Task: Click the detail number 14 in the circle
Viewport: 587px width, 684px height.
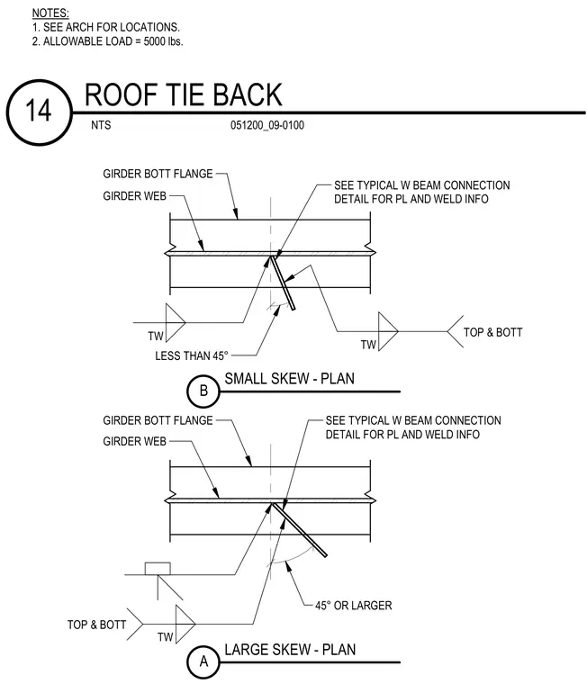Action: (39, 111)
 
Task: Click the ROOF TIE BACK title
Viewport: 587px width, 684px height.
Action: (184, 94)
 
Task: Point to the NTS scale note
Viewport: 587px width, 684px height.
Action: (101, 125)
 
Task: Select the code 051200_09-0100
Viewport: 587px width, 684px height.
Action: (267, 125)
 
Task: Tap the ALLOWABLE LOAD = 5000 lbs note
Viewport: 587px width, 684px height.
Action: (107, 41)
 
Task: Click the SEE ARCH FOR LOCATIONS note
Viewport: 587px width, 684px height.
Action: (106, 27)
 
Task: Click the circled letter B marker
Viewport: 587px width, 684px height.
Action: (203, 391)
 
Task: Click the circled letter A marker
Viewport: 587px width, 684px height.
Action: (203, 661)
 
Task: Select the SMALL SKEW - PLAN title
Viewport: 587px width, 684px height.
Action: (289, 378)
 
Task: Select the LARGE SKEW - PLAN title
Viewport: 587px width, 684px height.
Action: (290, 650)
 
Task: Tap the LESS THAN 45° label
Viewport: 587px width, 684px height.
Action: (192, 356)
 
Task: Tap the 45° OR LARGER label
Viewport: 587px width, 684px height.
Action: (354, 606)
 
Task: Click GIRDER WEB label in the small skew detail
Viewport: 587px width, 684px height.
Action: (134, 196)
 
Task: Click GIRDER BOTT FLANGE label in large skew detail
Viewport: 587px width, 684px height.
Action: (158, 420)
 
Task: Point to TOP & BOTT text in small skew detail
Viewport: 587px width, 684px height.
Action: (492, 332)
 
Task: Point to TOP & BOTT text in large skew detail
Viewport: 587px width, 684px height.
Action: (96, 625)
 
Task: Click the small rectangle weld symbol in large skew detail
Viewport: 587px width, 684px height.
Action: (158, 569)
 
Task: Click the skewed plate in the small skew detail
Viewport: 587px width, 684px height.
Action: (283, 283)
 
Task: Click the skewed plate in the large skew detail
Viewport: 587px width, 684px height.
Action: (300, 529)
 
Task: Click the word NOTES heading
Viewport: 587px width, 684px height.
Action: (50, 13)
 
